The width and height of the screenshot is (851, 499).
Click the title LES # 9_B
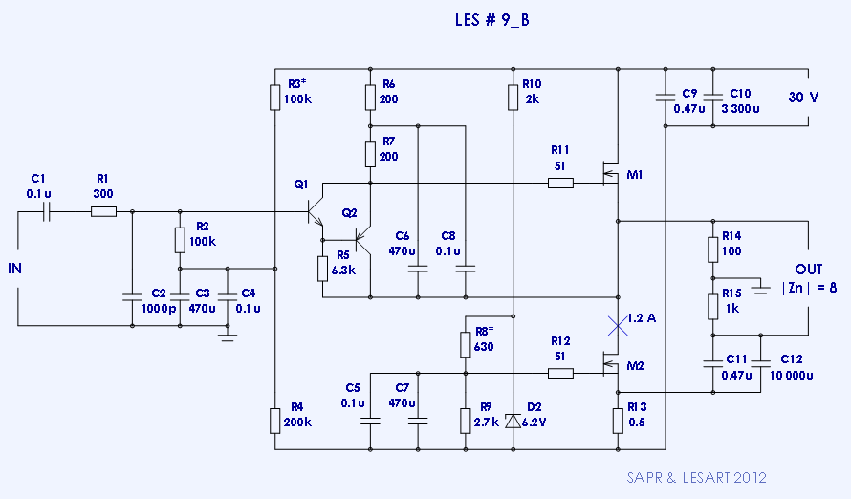click(490, 20)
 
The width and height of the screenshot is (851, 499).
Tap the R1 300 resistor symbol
click(103, 211)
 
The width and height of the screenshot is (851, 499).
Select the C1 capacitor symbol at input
click(46, 211)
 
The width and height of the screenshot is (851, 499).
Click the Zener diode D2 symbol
click(513, 420)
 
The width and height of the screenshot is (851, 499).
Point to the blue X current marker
click(618, 325)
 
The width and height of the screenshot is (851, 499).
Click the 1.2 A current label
click(642, 318)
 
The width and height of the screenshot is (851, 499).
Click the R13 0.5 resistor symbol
click(618, 420)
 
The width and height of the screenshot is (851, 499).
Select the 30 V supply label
click(803, 98)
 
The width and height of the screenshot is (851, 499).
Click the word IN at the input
click(14, 269)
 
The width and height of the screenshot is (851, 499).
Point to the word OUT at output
click(809, 270)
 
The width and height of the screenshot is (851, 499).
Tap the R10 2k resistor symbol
click(513, 96)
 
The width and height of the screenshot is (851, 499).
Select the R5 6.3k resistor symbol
click(323, 268)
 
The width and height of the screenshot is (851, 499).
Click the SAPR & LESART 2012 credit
click(696, 477)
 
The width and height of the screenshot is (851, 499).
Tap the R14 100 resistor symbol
click(712, 249)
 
